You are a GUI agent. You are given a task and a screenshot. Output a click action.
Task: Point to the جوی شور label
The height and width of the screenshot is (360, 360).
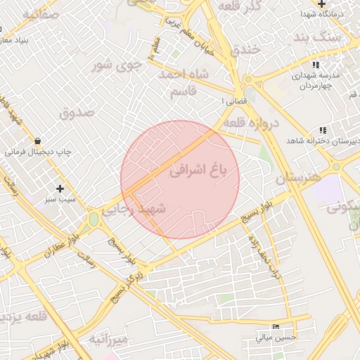click(117, 65)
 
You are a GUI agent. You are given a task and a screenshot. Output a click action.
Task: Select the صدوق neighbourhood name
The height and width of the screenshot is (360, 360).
click(77, 111)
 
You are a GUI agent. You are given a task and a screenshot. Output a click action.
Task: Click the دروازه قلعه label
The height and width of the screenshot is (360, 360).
click(251, 122)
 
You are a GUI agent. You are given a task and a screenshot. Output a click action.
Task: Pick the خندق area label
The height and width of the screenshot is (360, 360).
click(245, 49)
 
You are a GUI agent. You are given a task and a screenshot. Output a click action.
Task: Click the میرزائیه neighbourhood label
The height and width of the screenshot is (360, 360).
click(108, 340)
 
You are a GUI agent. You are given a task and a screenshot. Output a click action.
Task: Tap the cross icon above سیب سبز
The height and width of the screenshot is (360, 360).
click(60, 188)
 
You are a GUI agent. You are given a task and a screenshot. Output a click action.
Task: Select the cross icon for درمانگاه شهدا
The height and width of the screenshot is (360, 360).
click(321, 4)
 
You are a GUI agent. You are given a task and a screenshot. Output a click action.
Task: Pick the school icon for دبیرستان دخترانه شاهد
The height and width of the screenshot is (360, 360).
click(322, 130)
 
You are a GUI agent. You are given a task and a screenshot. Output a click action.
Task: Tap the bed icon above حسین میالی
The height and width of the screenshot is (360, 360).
click(276, 327)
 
